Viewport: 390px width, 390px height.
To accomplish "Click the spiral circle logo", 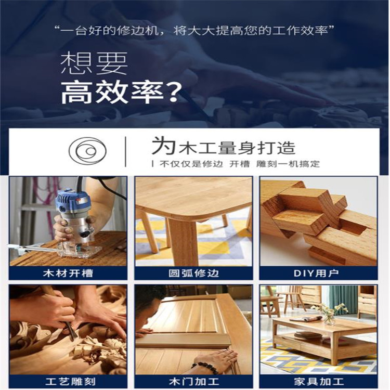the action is [x=87, y=151].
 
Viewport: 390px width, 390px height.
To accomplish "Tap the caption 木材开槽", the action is [x=68, y=274].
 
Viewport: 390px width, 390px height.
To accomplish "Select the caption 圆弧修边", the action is [x=194, y=274].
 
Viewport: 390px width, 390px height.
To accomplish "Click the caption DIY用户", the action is [x=316, y=274].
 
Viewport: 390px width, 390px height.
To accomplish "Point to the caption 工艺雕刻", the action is [x=71, y=382].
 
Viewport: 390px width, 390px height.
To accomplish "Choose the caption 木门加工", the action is [x=194, y=382].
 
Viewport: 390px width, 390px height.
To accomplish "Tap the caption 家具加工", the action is [x=319, y=382].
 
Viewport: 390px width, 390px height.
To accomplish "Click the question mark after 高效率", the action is [x=172, y=92].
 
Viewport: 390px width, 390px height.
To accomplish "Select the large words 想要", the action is [x=94, y=63].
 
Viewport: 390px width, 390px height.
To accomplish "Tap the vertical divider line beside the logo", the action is [x=126, y=151].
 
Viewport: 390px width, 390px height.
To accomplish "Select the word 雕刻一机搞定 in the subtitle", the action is [x=288, y=164].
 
